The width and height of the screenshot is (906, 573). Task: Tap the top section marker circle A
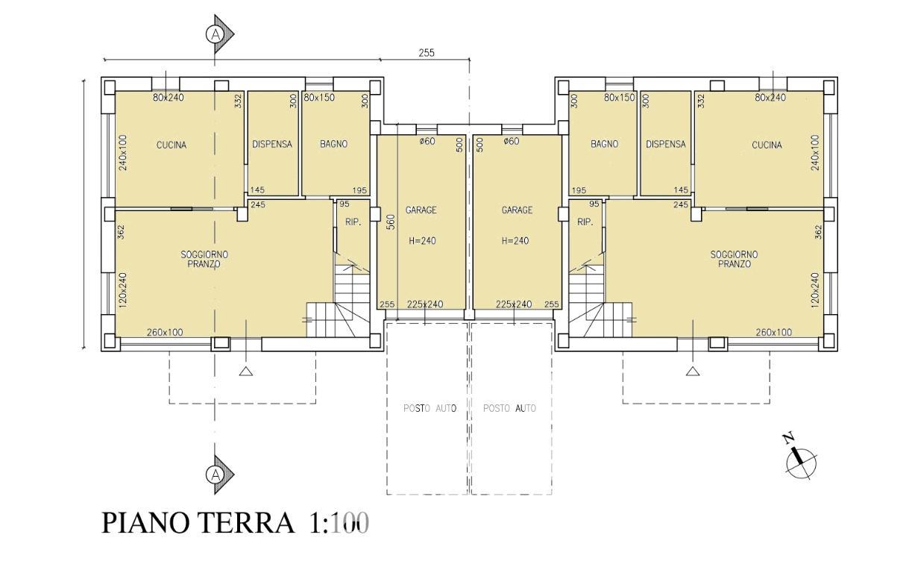[x=216, y=34]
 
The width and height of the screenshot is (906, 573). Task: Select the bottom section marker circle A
[x=216, y=475]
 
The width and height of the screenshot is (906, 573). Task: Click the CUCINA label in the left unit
[x=172, y=145]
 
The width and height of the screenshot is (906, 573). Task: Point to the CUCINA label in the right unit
[x=767, y=145]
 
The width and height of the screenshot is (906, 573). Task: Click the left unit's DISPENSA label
[x=272, y=144]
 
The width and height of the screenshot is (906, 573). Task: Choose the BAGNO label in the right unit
[x=604, y=144]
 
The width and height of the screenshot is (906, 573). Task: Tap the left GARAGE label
[x=421, y=210]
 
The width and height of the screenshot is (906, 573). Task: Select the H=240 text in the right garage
[x=515, y=241]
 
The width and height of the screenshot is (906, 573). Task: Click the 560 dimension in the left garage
[x=391, y=222]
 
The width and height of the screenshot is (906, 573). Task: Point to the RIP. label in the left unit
[x=353, y=222]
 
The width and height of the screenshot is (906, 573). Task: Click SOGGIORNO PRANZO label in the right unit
[x=734, y=259]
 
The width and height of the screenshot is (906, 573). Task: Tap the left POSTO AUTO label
[x=430, y=408]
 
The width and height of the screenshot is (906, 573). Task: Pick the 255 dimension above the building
[x=427, y=53]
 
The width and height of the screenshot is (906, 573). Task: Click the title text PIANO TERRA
[x=198, y=522]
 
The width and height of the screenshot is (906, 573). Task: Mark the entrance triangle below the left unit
[x=246, y=371]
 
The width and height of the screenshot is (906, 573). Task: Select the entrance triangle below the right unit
[x=693, y=371]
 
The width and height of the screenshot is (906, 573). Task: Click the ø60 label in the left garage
[x=427, y=141]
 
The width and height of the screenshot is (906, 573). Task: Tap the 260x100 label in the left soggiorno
[x=165, y=332]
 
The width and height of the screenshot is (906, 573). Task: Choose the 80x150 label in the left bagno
[x=319, y=98]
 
